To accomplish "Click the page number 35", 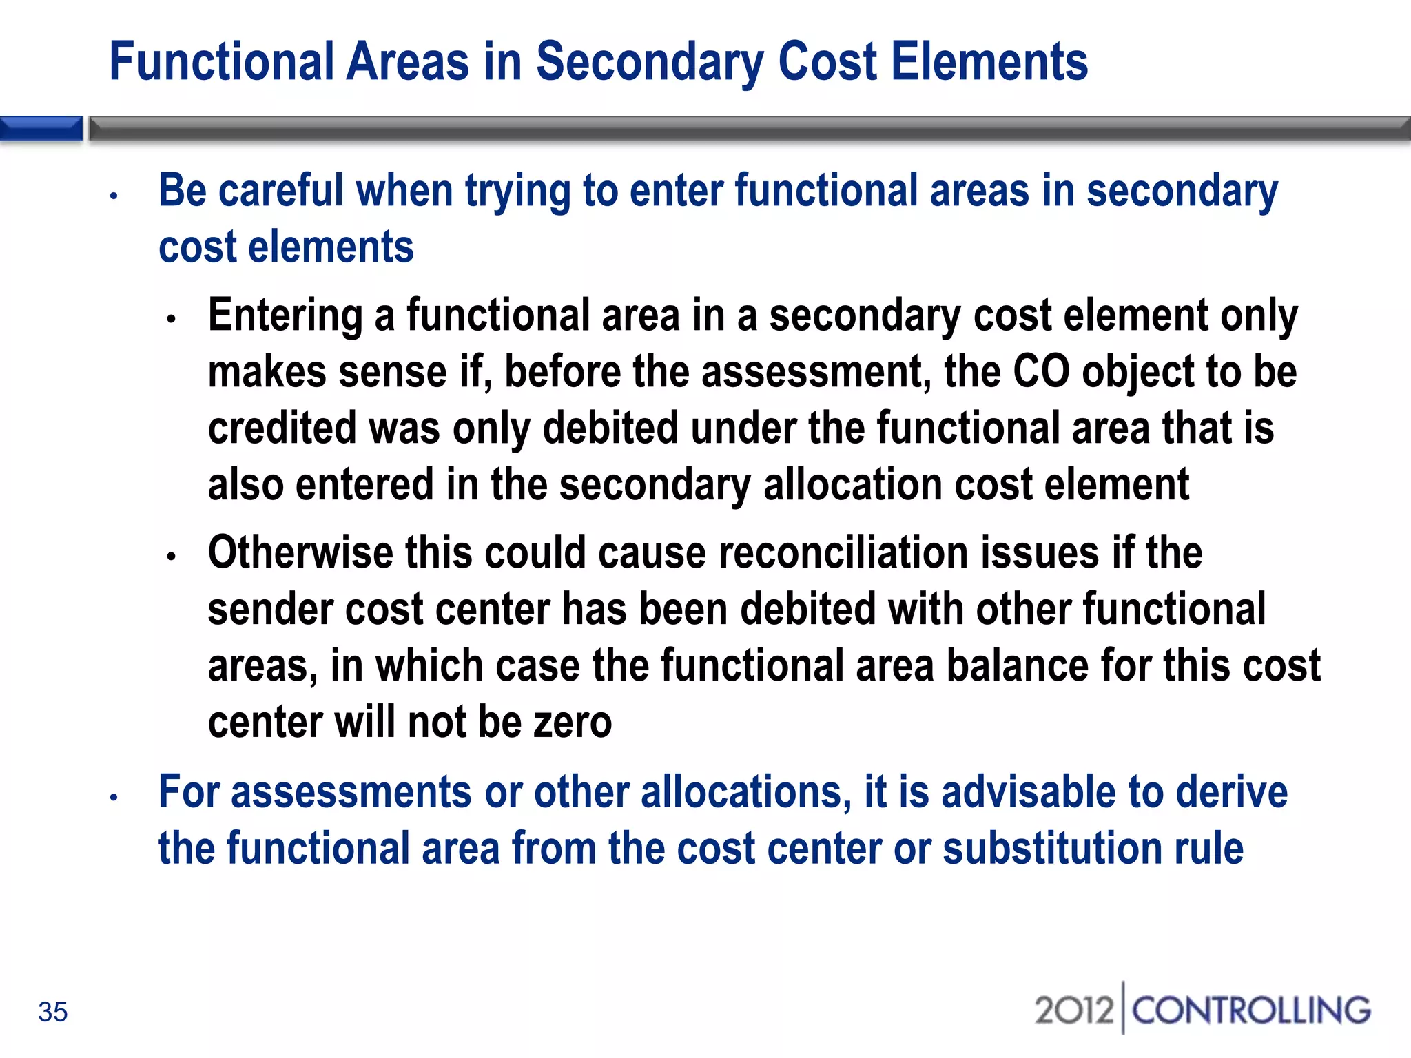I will (x=52, y=1012).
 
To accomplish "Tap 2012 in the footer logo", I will (x=1073, y=1010).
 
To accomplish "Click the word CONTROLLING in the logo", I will (x=1251, y=1010).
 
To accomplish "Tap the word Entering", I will (x=285, y=315).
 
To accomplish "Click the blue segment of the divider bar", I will (x=41, y=129).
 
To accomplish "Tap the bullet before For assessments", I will (x=114, y=798).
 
